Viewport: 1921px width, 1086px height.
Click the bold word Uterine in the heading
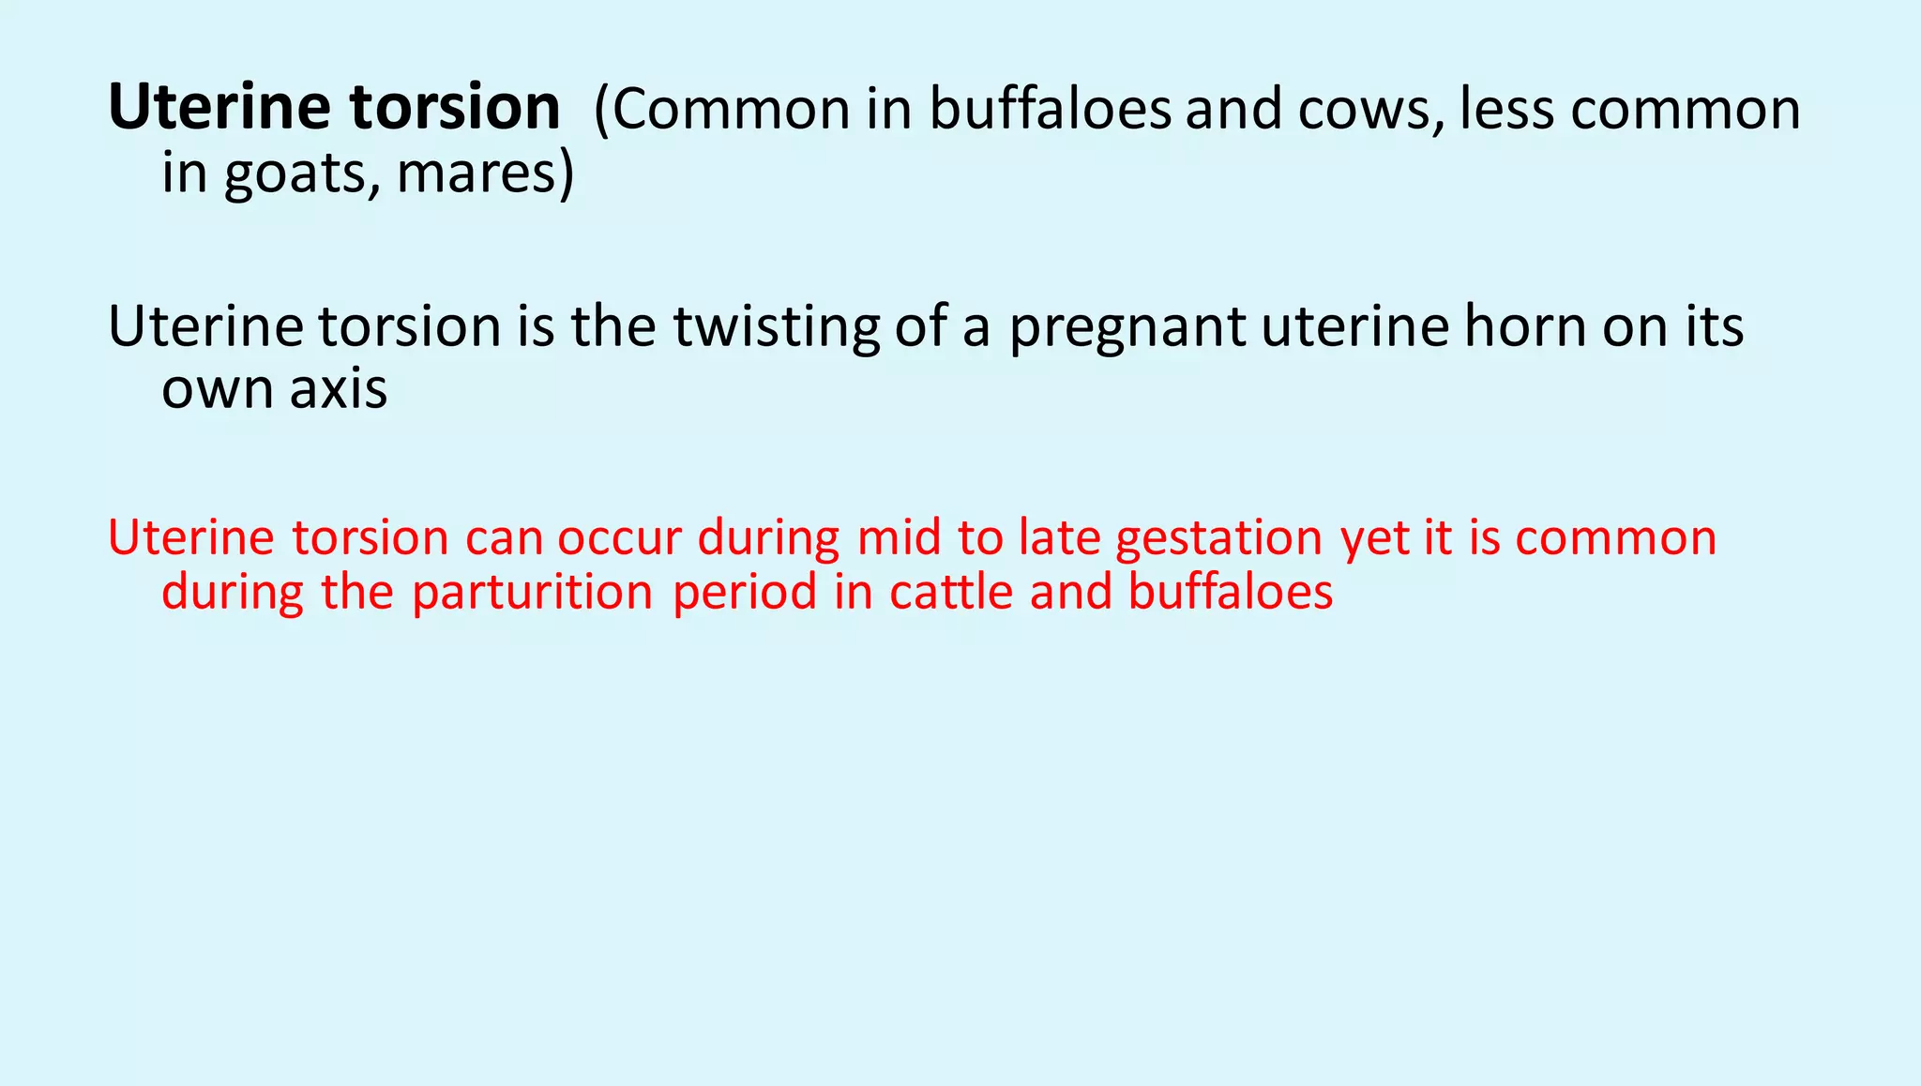point(219,107)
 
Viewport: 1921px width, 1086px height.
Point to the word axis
point(338,388)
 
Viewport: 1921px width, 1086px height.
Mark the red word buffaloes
point(1230,591)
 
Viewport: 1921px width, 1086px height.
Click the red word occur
point(619,539)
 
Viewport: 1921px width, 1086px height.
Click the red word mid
point(899,537)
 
